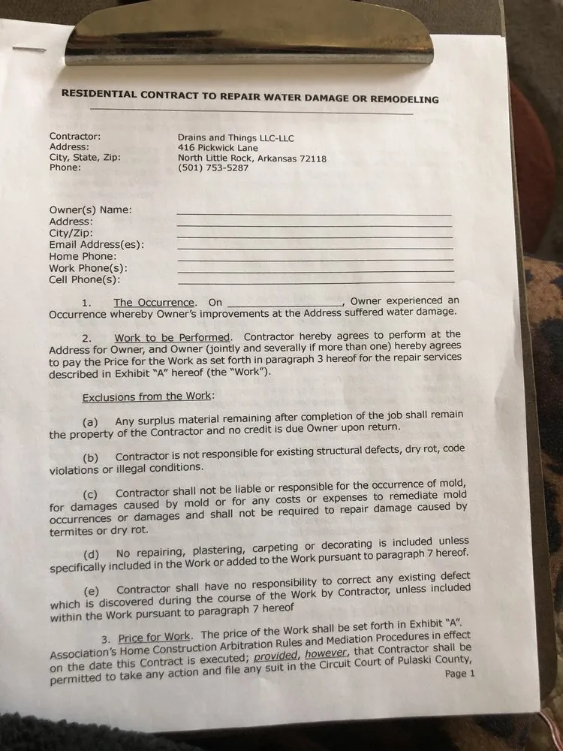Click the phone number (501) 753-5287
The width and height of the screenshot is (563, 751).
[212, 167]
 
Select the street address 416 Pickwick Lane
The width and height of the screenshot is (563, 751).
[217, 148]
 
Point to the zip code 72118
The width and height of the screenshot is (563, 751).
[312, 158]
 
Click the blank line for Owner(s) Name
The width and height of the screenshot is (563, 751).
[314, 214]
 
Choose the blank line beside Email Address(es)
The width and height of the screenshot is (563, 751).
[315, 248]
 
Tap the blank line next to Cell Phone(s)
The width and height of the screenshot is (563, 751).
[315, 282]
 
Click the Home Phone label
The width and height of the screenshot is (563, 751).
[83, 256]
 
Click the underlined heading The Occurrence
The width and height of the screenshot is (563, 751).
[155, 302]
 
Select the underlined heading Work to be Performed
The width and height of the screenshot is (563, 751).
[173, 337]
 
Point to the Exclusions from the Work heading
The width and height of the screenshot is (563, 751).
[147, 397]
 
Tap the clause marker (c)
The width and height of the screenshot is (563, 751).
[91, 494]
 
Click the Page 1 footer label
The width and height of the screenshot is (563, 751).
[459, 674]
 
